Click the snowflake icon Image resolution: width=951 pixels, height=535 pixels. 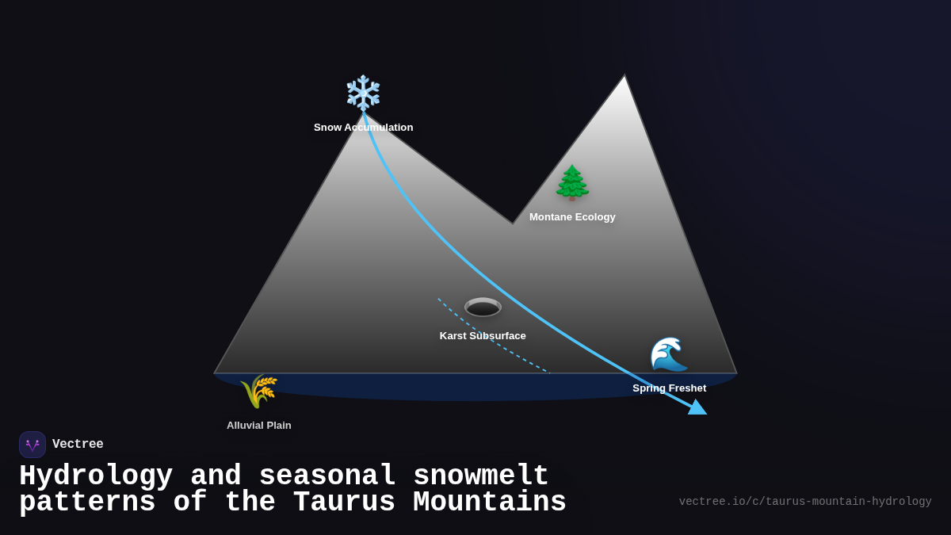[x=363, y=93]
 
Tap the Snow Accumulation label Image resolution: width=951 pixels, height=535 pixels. [x=363, y=128]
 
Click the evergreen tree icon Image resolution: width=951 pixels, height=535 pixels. [x=572, y=183]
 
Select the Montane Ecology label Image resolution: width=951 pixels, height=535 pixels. [x=572, y=217]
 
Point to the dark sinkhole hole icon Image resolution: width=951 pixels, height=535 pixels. [x=483, y=308]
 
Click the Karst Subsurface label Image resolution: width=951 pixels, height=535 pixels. [x=483, y=336]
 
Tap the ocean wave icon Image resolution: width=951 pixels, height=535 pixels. [x=669, y=354]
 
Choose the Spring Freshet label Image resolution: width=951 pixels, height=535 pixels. [x=669, y=388]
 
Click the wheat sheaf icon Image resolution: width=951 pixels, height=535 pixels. [x=258, y=391]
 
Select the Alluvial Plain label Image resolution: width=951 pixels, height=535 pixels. [x=258, y=426]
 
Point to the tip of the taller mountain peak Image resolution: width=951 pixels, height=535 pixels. [x=624, y=77]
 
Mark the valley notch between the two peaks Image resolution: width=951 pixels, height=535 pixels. [x=512, y=223]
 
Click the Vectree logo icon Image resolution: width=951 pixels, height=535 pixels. [x=32, y=445]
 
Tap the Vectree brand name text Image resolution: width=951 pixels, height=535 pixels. [x=78, y=445]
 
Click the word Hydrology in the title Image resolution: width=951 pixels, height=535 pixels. [x=96, y=476]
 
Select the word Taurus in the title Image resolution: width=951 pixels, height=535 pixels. [x=344, y=503]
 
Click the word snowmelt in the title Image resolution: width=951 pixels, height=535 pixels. [x=480, y=476]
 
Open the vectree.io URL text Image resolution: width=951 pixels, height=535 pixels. [x=805, y=502]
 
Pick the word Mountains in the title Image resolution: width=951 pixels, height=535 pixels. [x=490, y=503]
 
